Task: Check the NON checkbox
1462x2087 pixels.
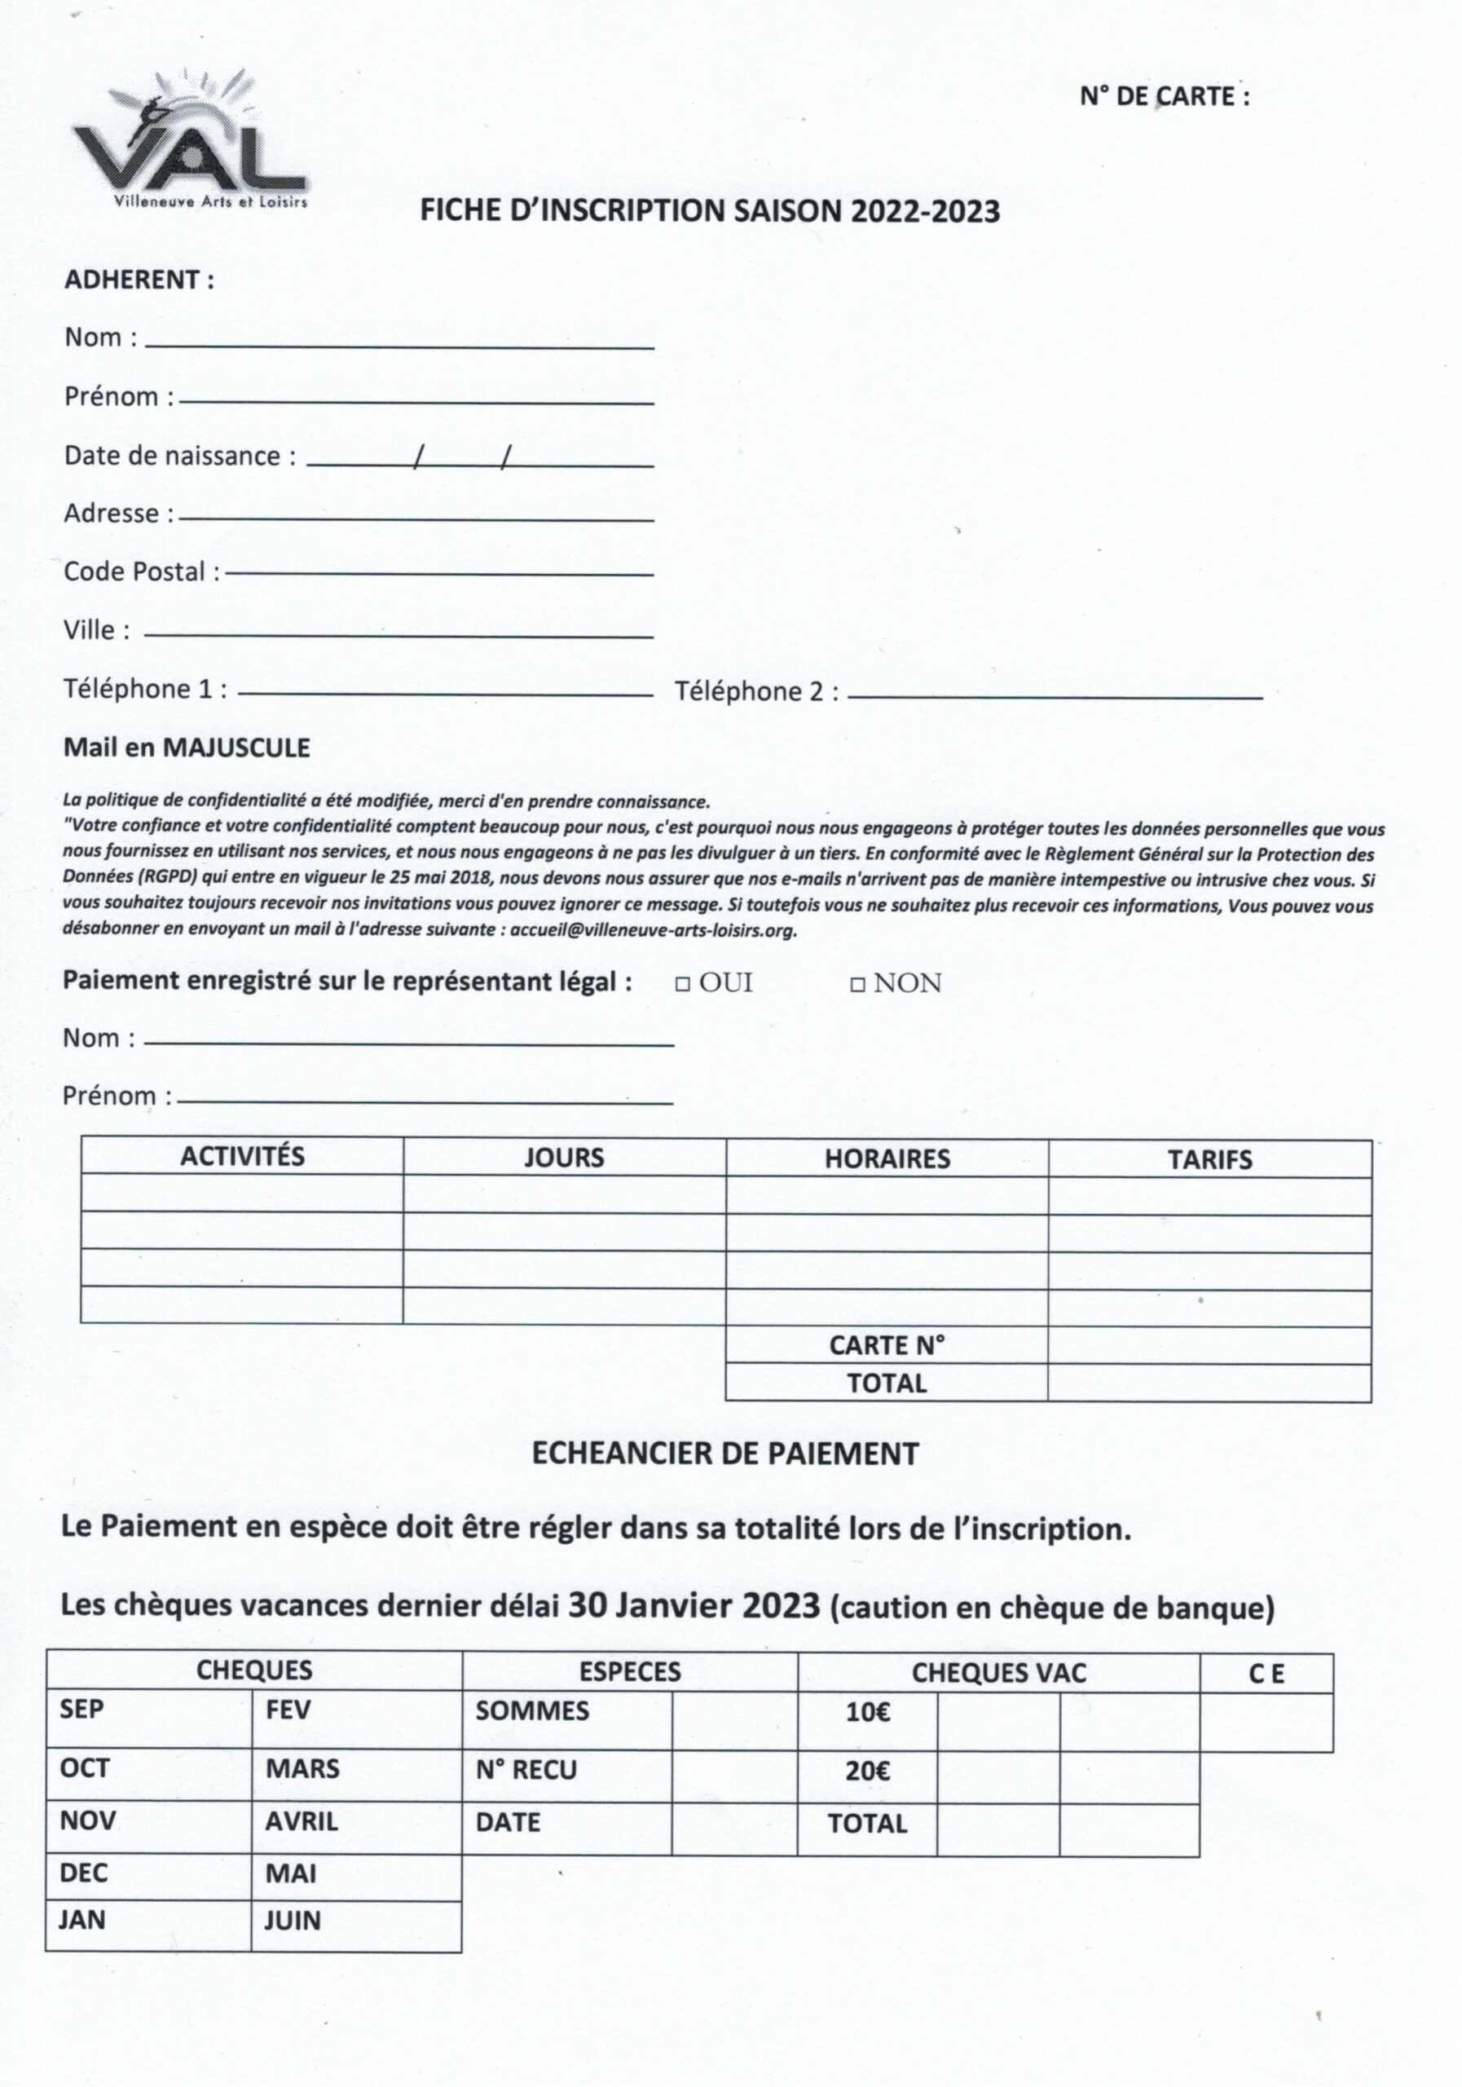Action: (x=857, y=985)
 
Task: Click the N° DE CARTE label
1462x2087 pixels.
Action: (x=1163, y=96)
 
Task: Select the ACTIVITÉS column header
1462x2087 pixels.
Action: (x=242, y=1156)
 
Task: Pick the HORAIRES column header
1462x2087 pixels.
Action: (x=887, y=1159)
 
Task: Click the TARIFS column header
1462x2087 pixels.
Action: (x=1209, y=1160)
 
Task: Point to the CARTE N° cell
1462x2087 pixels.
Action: (x=887, y=1345)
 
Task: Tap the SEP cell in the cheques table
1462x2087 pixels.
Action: (x=81, y=1709)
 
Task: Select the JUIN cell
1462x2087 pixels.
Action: (x=293, y=1921)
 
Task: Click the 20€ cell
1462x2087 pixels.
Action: (x=868, y=1771)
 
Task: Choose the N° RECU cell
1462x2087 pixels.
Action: (x=526, y=1770)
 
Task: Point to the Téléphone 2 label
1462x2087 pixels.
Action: (x=756, y=692)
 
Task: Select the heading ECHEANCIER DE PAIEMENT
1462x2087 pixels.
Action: (x=725, y=1454)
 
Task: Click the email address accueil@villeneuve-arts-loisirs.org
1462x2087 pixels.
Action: (x=653, y=931)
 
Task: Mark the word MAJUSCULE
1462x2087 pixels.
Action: (x=236, y=748)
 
